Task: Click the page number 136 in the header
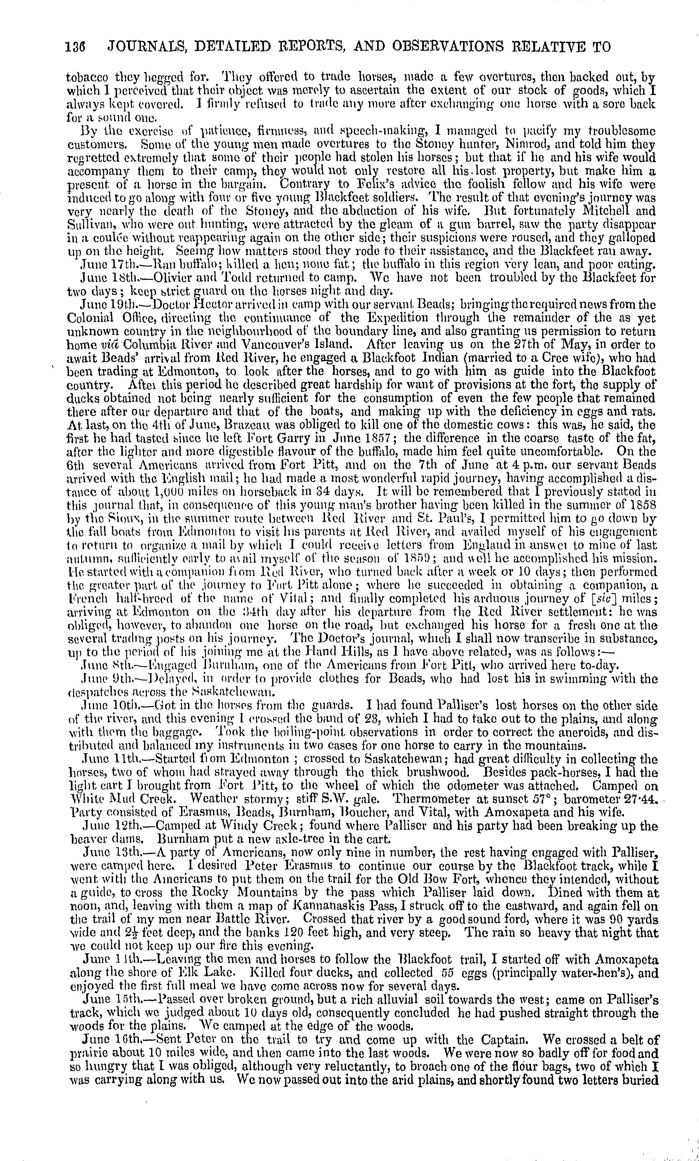point(75,47)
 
